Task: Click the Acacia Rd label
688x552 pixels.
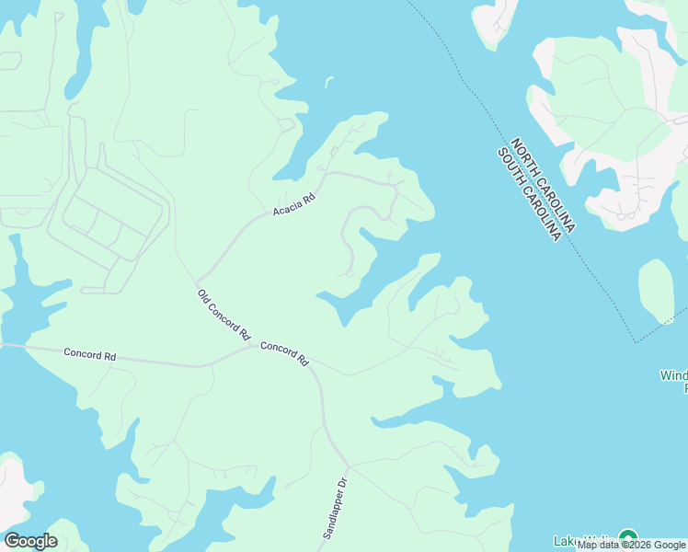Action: click(x=294, y=204)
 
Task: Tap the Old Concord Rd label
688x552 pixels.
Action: click(x=224, y=316)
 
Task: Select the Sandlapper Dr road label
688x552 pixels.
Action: click(x=337, y=507)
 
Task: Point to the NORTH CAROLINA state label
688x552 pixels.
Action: click(x=544, y=185)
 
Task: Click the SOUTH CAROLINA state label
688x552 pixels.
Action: click(x=529, y=194)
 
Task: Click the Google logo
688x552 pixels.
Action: click(x=30, y=540)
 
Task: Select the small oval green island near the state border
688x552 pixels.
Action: click(x=656, y=291)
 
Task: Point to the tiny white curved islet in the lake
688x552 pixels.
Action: click(x=328, y=83)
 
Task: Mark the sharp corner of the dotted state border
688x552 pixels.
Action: click(x=635, y=342)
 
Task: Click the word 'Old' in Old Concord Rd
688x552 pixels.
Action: click(x=204, y=297)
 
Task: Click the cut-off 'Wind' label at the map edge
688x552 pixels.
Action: click(x=673, y=375)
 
